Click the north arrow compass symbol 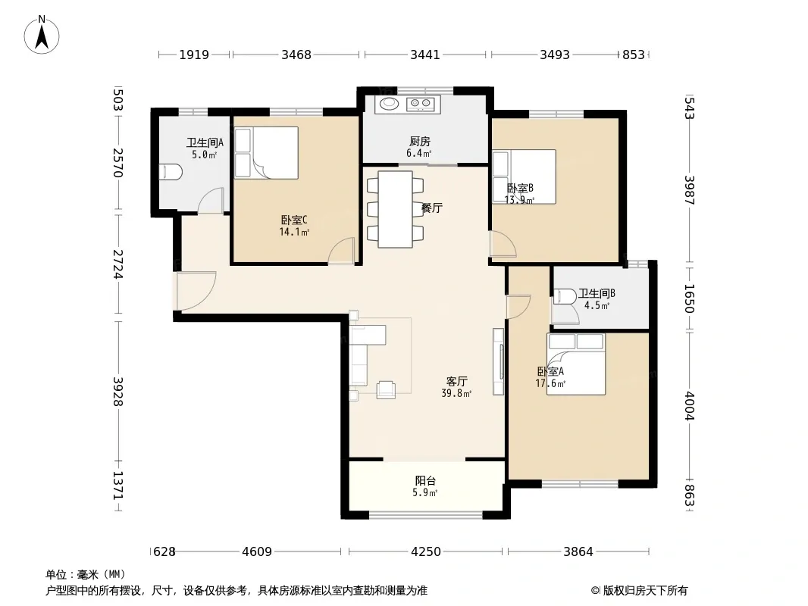[x=42, y=35]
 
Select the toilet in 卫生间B [x=565, y=297]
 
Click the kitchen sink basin [x=390, y=104]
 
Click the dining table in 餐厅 [x=395, y=209]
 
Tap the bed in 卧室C [x=266, y=153]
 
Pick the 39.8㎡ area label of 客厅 [x=456, y=394]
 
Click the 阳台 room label [x=425, y=480]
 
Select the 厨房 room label [x=420, y=141]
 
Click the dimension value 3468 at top [x=296, y=55]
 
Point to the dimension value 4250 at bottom [x=426, y=552]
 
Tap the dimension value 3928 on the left [x=118, y=392]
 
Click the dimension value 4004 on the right [x=690, y=406]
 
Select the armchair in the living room [x=386, y=390]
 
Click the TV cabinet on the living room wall [x=498, y=362]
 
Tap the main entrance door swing [x=196, y=291]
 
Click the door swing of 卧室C [x=342, y=251]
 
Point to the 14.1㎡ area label [x=294, y=233]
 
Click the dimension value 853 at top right [x=634, y=55]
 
